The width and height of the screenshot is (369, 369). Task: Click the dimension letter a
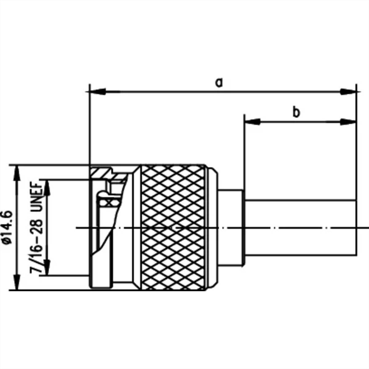(219, 83)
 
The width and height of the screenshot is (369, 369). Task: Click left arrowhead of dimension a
(97, 91)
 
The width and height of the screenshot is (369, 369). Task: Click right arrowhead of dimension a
(348, 91)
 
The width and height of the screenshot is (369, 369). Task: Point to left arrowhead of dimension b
(252, 122)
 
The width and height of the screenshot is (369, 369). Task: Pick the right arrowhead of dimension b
(348, 122)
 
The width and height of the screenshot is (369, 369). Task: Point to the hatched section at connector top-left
(100, 172)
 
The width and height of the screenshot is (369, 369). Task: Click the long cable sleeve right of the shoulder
(300, 228)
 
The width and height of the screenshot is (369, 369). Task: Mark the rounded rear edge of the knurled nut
(212, 228)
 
